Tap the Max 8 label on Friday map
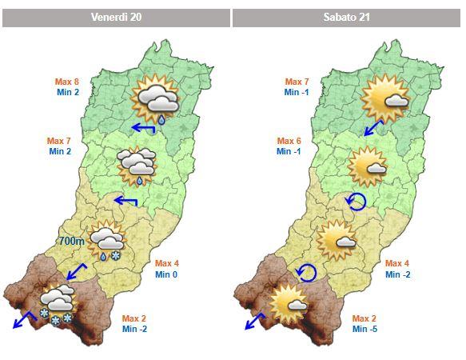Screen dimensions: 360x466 click(x=66, y=82)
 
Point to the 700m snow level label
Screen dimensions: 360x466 click(x=71, y=240)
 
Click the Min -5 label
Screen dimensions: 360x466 click(x=365, y=329)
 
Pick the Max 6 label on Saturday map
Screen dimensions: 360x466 click(x=289, y=140)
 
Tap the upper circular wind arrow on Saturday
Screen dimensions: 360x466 click(x=356, y=202)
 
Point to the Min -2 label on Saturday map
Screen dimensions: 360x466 click(x=396, y=274)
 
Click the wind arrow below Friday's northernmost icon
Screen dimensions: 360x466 click(x=144, y=128)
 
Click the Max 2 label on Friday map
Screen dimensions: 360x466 click(x=134, y=318)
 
